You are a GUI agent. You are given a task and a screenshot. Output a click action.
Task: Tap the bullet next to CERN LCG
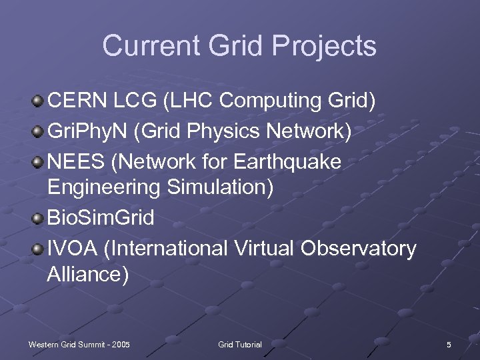pyautogui.click(x=38, y=101)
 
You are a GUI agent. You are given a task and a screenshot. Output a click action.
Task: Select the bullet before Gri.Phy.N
pyautogui.click(x=38, y=132)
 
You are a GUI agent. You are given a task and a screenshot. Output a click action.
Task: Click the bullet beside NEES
pyautogui.click(x=38, y=162)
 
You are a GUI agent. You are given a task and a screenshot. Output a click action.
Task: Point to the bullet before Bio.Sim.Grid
pyautogui.click(x=38, y=219)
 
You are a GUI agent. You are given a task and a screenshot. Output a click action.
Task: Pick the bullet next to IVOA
pyautogui.click(x=38, y=249)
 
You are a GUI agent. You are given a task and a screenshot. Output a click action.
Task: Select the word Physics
pyautogui.click(x=221, y=132)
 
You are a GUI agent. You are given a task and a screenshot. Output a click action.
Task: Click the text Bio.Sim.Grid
pyautogui.click(x=101, y=219)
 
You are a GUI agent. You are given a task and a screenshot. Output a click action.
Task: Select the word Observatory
pyautogui.click(x=358, y=249)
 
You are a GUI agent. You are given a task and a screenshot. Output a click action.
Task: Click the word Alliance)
pyautogui.click(x=88, y=274)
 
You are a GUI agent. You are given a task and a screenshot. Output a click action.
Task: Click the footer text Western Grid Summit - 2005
pyautogui.click(x=79, y=345)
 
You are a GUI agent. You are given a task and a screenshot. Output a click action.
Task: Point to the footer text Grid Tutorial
pyautogui.click(x=240, y=345)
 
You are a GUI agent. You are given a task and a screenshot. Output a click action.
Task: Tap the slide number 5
pyautogui.click(x=449, y=345)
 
